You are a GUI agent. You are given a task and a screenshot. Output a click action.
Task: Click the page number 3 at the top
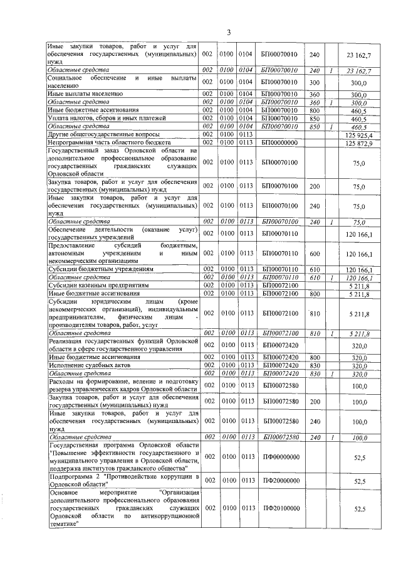coord(228,32)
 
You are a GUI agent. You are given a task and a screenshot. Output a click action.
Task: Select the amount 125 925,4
coord(358,135)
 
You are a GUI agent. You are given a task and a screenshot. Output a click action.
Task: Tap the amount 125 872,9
coord(358,144)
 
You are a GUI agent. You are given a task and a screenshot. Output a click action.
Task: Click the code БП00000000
coord(280,144)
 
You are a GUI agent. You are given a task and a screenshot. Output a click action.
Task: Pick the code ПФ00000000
coord(280,458)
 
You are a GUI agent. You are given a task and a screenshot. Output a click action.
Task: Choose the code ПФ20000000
coord(280,481)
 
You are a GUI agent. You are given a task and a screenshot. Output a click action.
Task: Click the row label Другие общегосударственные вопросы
coord(103,135)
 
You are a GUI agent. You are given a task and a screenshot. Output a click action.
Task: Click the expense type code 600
coord(315,254)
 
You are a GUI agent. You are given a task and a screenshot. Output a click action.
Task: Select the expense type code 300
coord(315,82)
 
